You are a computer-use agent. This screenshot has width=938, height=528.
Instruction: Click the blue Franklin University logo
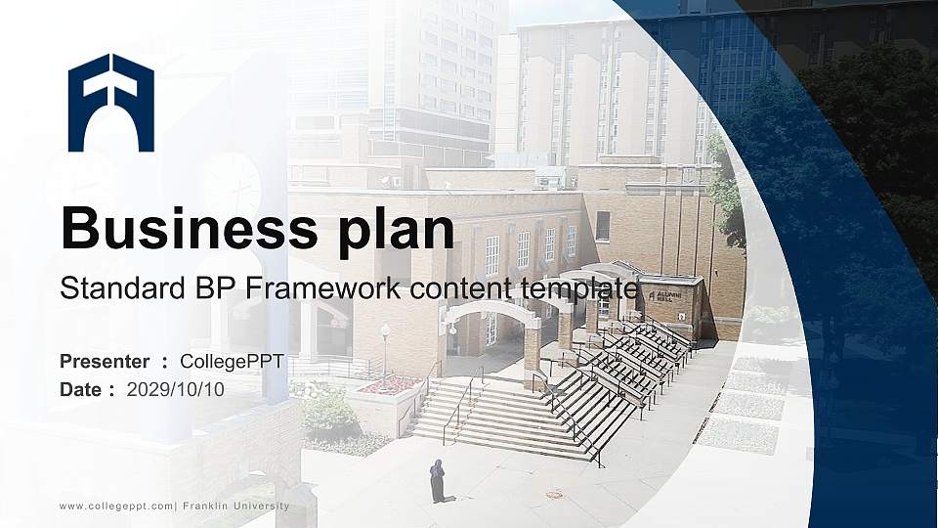[x=110, y=103]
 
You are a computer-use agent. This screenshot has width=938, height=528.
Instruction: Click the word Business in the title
[x=176, y=229]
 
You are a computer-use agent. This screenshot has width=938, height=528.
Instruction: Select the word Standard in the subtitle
[x=113, y=289]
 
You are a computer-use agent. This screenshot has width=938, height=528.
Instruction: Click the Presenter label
[x=105, y=362]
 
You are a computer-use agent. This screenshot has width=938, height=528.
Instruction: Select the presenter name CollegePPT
[x=232, y=362]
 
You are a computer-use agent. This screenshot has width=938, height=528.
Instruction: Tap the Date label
[x=81, y=389]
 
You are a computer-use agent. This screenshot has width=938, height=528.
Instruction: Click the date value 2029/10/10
[x=176, y=389]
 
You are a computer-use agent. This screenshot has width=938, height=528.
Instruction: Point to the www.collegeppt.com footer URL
[x=115, y=506]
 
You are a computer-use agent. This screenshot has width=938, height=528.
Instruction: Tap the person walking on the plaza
[x=438, y=480]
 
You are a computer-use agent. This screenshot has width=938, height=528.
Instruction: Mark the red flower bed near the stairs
[x=390, y=384]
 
